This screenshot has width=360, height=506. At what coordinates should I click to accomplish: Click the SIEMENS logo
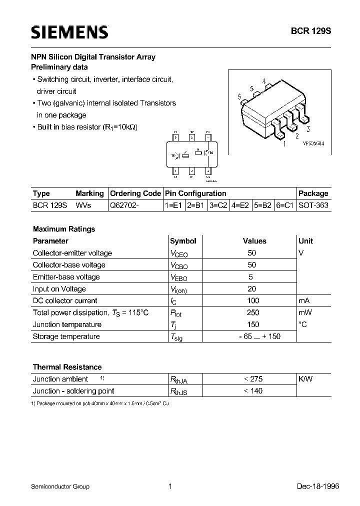(69, 32)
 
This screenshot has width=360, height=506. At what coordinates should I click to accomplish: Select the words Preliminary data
(59, 67)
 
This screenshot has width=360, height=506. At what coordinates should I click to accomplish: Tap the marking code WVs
(83, 205)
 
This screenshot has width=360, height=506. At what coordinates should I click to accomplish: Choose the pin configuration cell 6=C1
(284, 205)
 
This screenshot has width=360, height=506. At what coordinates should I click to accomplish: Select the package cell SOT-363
(313, 205)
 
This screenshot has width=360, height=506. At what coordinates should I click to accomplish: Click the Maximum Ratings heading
(63, 229)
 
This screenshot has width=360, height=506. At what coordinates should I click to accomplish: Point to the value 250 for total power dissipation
(253, 312)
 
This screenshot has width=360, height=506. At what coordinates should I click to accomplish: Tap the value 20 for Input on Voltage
(252, 288)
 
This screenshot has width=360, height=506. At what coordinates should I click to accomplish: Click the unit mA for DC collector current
(304, 300)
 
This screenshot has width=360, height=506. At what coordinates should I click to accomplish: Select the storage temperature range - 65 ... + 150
(259, 336)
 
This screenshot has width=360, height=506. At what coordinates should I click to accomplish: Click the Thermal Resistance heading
(67, 367)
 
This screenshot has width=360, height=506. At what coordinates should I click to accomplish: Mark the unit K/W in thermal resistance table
(306, 379)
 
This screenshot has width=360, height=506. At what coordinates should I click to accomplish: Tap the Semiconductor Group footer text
(60, 486)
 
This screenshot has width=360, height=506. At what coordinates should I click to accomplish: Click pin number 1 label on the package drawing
(284, 144)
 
